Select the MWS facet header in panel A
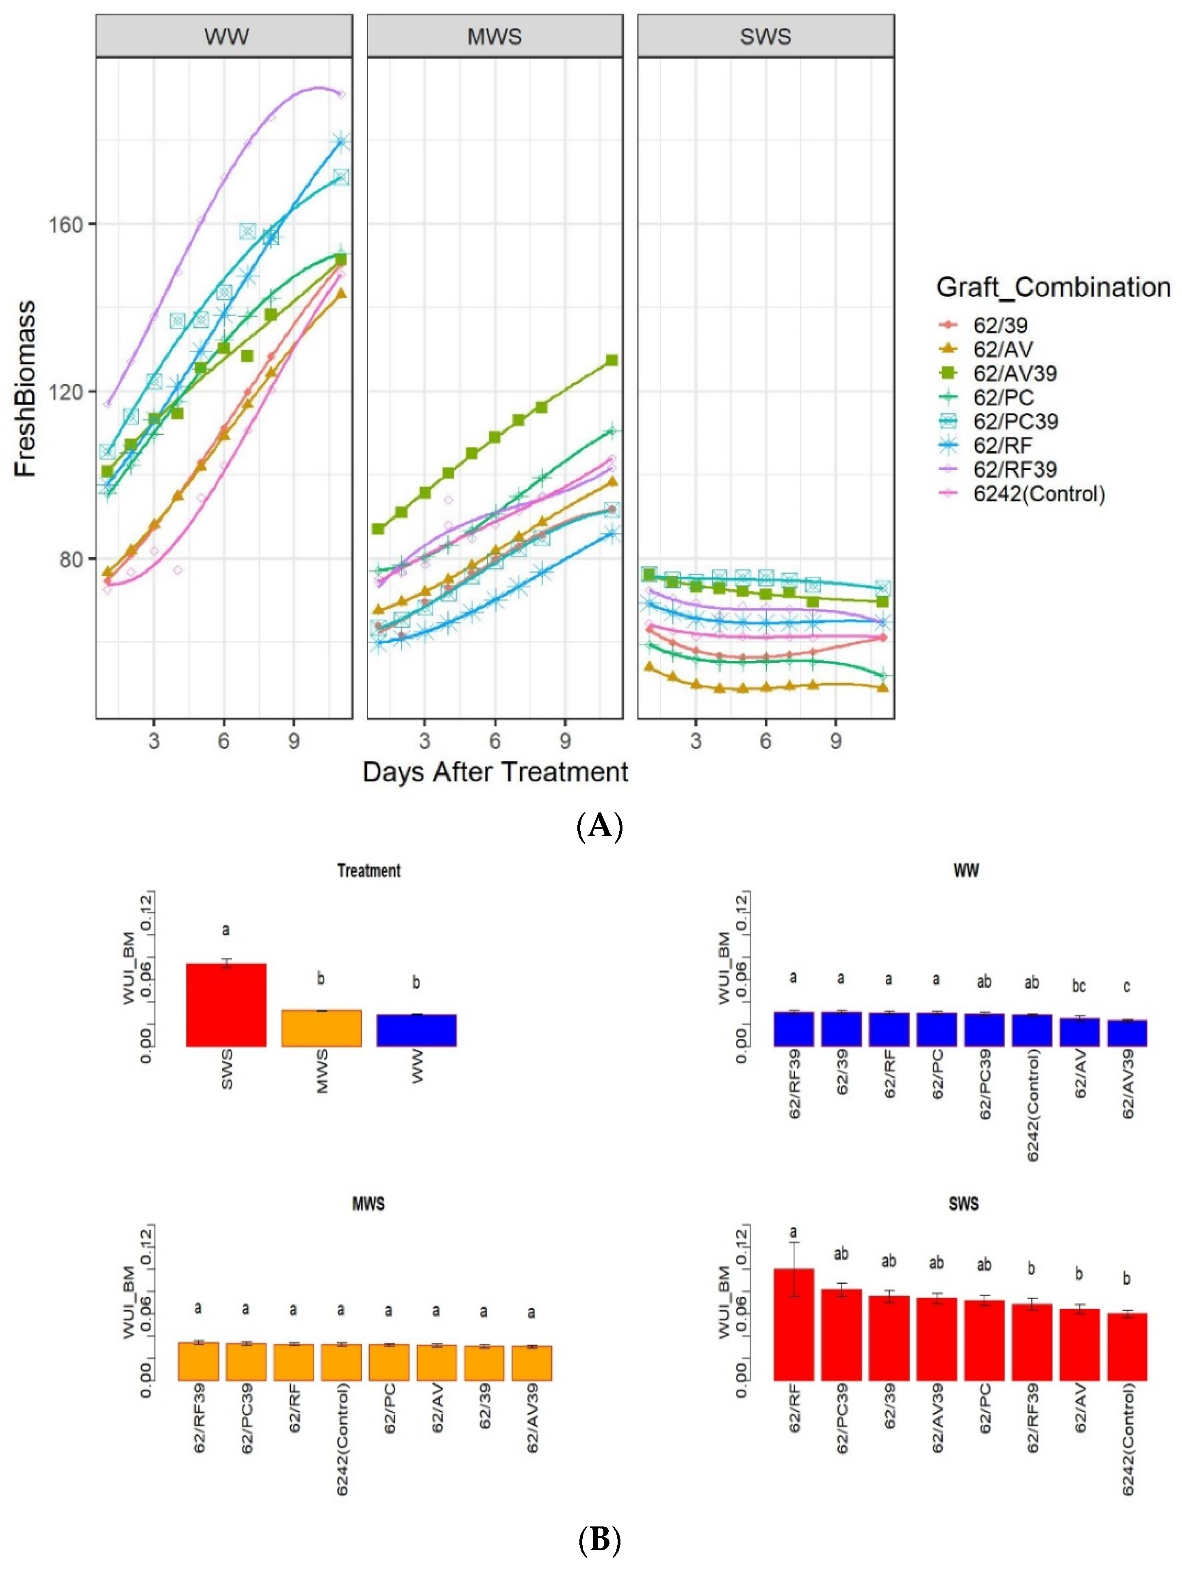tap(494, 36)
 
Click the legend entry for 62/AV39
tap(1014, 373)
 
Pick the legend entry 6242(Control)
tap(1039, 493)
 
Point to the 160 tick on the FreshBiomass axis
tap(64, 224)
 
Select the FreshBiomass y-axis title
tap(26, 388)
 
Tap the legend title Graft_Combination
tap(1053, 287)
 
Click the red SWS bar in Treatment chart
tap(226, 1004)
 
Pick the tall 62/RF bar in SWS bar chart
tap(794, 1324)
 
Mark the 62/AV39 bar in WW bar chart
tap(1127, 1032)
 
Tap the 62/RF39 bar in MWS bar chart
tap(198, 1361)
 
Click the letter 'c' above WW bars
tap(1127, 986)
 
